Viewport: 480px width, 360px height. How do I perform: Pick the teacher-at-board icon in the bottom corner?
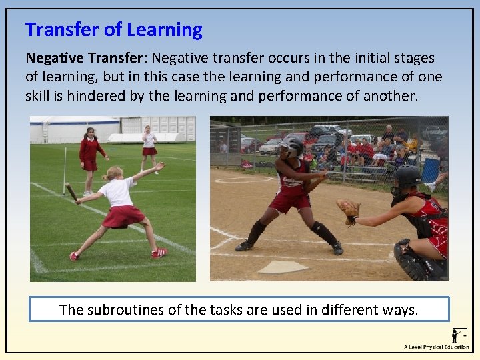(458, 335)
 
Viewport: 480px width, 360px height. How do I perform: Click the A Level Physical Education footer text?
(436, 347)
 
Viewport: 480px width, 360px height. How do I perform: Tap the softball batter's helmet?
(291, 146)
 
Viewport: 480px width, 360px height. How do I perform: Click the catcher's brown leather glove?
(347, 211)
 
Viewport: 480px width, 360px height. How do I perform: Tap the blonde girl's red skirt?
(123, 217)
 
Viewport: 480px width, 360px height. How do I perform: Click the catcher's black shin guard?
(408, 260)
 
